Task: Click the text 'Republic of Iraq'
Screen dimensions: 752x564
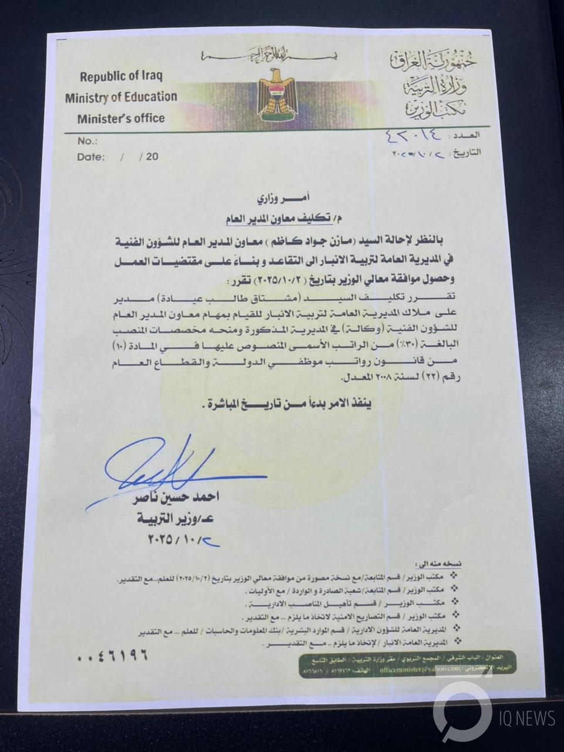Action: (x=121, y=76)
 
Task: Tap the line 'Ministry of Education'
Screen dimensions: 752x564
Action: (x=121, y=97)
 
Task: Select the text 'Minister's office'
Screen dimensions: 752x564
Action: (x=121, y=118)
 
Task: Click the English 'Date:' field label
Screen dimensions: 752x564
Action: (x=90, y=157)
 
